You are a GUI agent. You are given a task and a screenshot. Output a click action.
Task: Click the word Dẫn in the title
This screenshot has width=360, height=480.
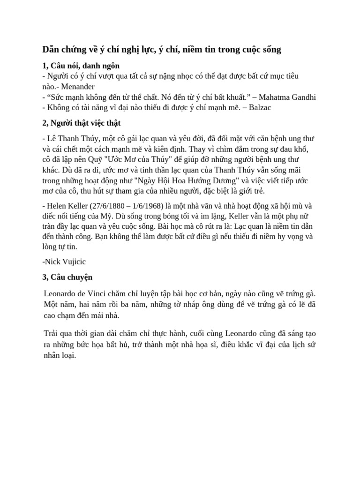point(51,49)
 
